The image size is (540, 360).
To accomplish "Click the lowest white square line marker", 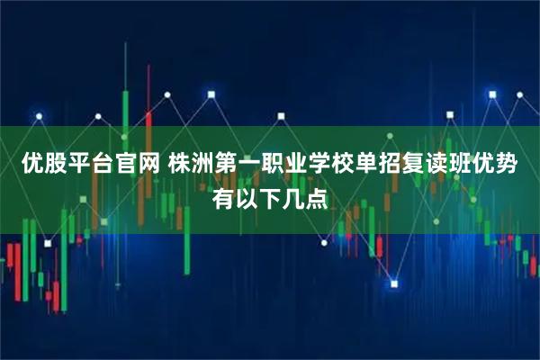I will click(x=393, y=284).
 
